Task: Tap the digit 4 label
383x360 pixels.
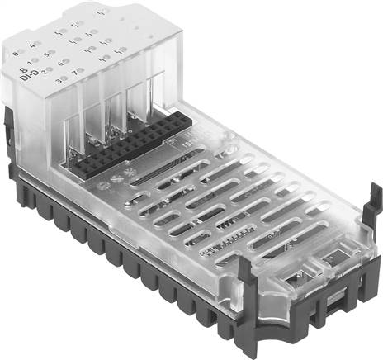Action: pyautogui.click(x=33, y=47)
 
